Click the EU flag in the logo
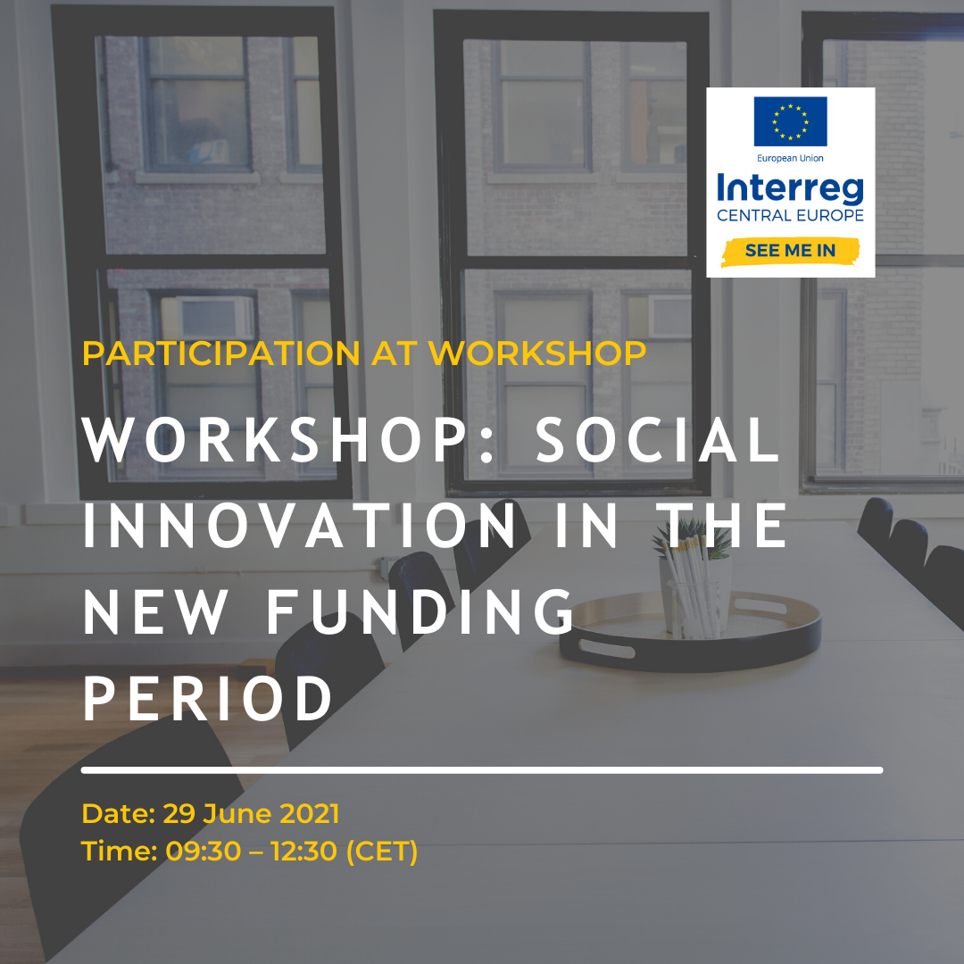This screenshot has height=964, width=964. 790,121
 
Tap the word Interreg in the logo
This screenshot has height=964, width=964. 790,188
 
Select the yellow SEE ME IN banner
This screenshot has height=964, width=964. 790,251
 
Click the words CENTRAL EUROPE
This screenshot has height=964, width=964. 790,215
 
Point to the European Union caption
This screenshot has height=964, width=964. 790,158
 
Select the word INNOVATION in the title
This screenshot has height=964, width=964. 299,526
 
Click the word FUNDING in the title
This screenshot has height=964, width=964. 420,611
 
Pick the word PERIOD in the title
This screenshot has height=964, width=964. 207,698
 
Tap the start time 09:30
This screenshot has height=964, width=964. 204,852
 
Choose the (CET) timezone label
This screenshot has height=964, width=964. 382,852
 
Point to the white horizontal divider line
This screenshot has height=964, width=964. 482,770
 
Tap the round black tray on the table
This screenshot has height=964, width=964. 690,632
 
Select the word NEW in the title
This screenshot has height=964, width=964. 154,611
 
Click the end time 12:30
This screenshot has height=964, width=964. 303,852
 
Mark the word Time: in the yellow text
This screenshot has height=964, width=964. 120,852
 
